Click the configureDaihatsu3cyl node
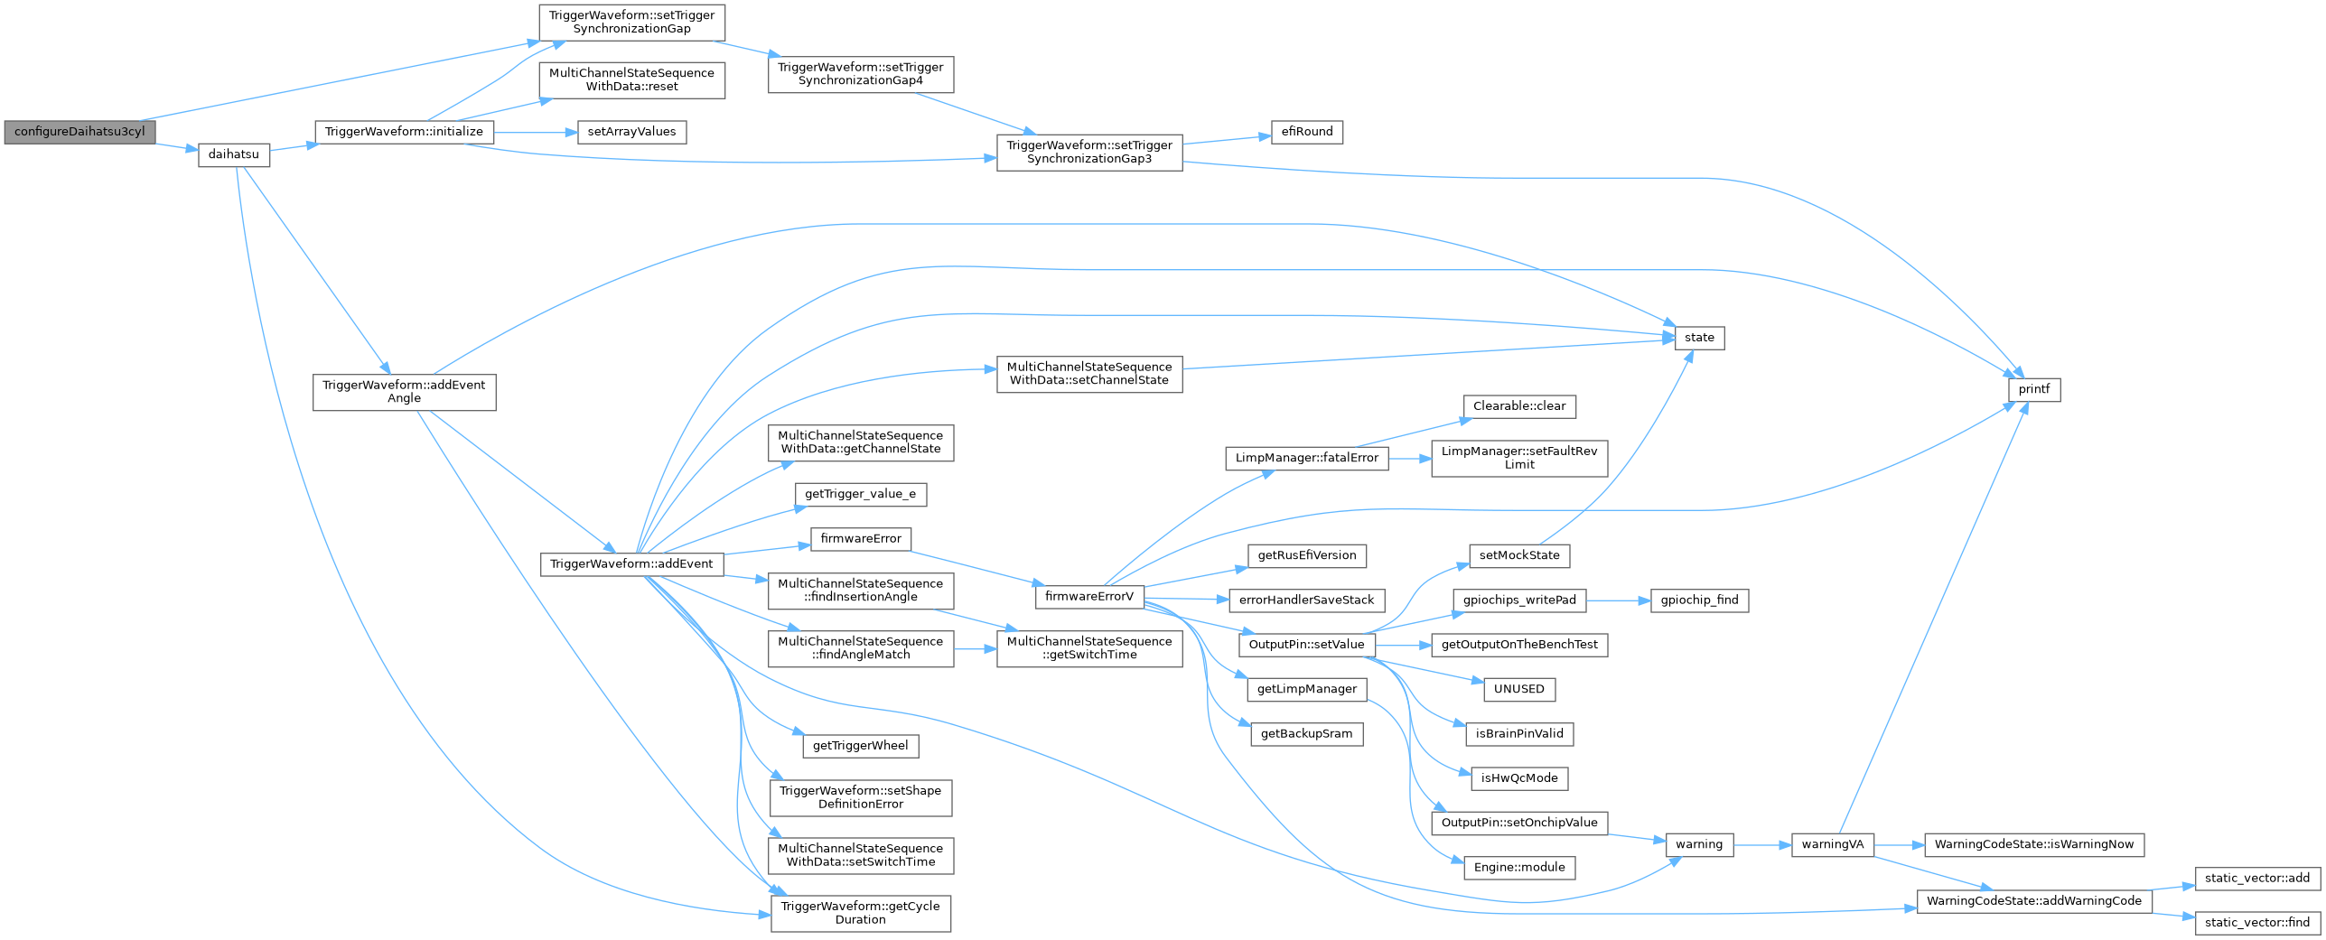coord(79,132)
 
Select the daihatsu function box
coord(234,154)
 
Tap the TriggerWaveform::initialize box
coord(404,132)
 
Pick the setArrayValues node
coord(631,132)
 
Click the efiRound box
coord(1307,132)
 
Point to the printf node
coord(2034,389)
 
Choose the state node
coord(1699,338)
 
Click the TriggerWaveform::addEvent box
coord(631,564)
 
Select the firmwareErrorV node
coord(1088,597)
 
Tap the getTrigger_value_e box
coord(860,494)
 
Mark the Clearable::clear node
coord(1519,406)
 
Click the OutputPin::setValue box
coord(1307,645)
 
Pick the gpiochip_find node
coord(1699,600)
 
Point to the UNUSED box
coord(1519,689)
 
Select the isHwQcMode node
coord(1519,778)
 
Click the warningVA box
coord(1833,845)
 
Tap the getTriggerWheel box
coord(860,746)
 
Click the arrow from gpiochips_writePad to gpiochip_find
coord(1618,600)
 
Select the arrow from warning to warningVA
coord(1761,845)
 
